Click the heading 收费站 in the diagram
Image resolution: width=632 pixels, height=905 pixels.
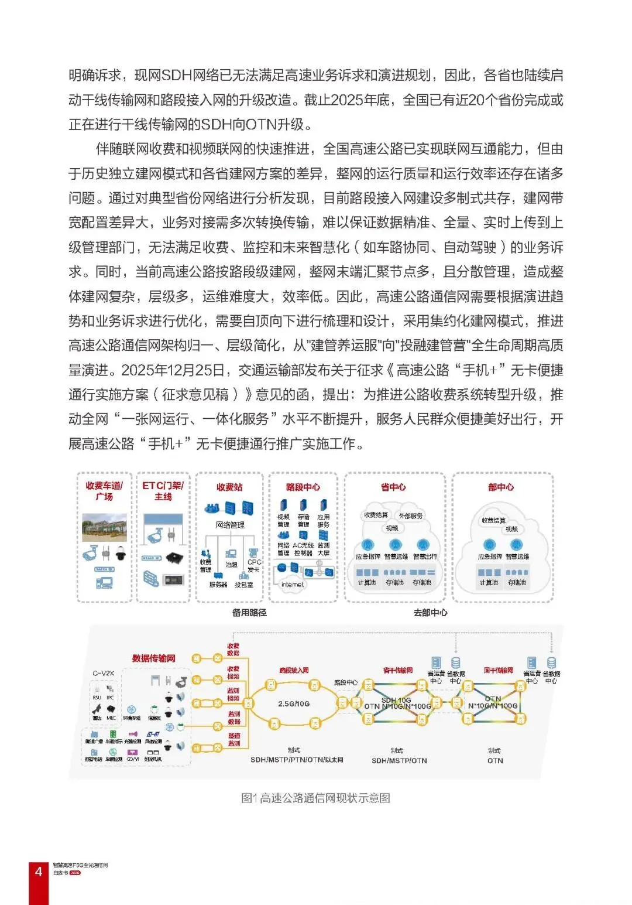coord(229,487)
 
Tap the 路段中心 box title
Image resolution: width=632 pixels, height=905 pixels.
coord(303,487)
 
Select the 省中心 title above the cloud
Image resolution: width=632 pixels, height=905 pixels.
coord(393,487)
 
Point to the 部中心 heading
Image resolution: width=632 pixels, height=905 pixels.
coord(501,487)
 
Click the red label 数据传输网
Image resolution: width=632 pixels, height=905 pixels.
coord(154,658)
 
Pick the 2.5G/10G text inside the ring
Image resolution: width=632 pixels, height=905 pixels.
coord(294,703)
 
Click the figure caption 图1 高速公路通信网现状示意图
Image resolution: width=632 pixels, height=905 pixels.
coord(315,798)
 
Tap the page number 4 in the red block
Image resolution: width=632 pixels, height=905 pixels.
coord(39,872)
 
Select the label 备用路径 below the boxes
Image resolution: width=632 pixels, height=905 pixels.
coord(249,613)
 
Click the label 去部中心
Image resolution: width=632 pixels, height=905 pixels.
coord(431,613)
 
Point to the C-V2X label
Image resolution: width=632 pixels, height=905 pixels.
coord(104,673)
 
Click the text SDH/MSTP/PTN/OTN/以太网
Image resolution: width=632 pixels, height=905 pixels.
coord(297,760)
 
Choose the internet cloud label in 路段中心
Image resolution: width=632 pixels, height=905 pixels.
coord(293,584)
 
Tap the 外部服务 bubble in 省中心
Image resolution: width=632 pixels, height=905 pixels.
coord(410,516)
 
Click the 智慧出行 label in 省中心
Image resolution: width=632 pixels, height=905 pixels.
coord(425,556)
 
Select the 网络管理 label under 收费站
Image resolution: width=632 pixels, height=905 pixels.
coord(231,525)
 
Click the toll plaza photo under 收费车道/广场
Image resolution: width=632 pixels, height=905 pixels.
coord(105,527)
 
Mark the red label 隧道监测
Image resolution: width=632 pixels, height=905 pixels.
coord(234,739)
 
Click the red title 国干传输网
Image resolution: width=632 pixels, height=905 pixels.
coord(499,670)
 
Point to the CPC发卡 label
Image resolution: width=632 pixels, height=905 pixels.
coord(254,565)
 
